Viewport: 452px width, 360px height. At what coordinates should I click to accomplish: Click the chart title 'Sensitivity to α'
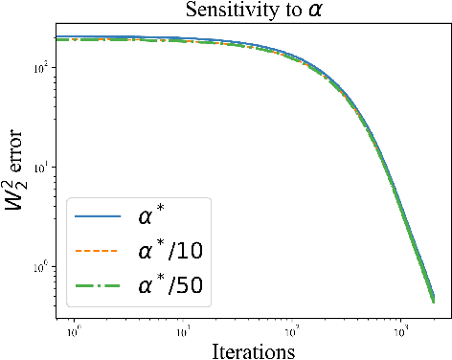[252, 11]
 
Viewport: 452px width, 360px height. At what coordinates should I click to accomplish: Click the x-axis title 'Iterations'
[252, 349]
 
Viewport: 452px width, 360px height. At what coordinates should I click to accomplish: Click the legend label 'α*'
[152, 216]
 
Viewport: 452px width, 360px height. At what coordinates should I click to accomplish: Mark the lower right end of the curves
[433, 299]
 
